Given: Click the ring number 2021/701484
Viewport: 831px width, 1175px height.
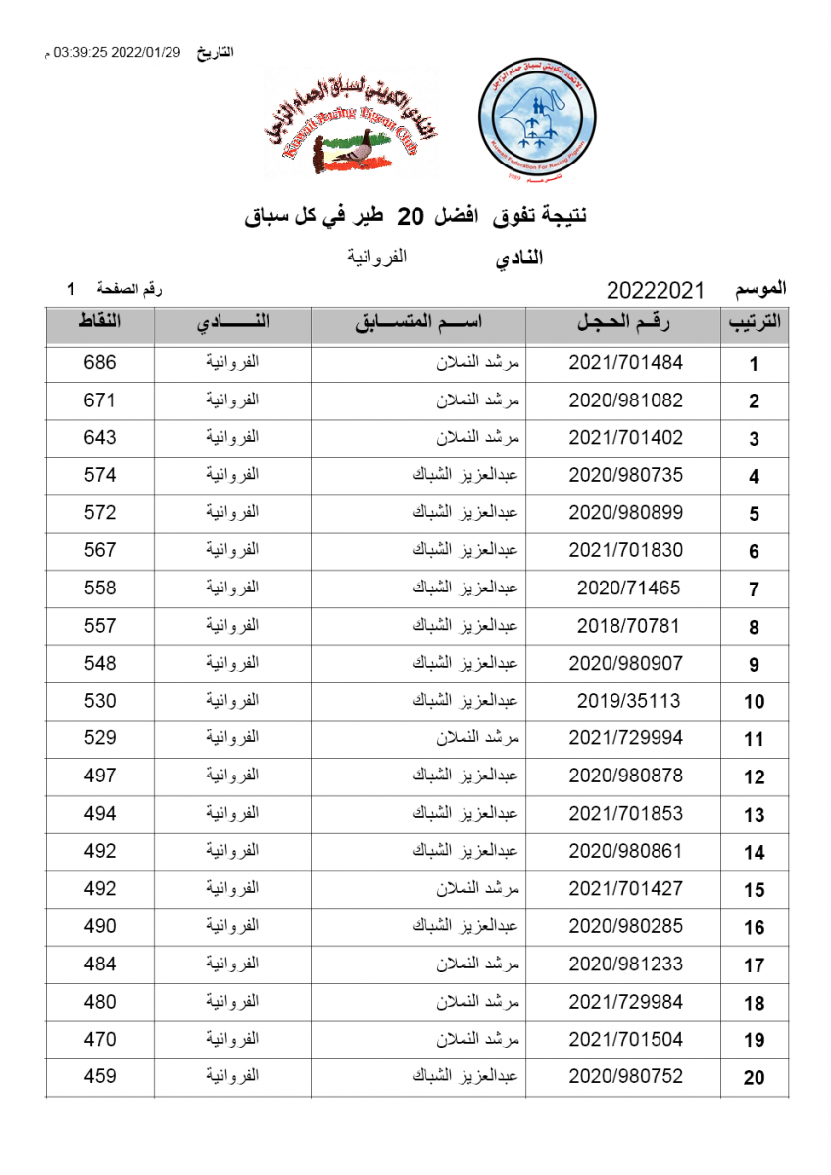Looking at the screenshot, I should tap(625, 363).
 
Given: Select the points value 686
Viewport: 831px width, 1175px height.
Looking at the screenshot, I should tap(99, 363).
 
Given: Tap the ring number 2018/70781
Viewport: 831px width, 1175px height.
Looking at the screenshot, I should tap(626, 626).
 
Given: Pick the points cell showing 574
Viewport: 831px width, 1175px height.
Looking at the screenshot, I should tap(99, 476).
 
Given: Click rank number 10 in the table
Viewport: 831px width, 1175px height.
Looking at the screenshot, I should tap(754, 702).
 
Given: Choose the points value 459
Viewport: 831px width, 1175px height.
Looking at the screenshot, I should tap(99, 1077).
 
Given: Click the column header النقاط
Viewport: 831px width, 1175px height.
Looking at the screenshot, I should tap(99, 322).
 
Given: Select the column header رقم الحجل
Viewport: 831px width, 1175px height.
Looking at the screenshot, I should tap(625, 323).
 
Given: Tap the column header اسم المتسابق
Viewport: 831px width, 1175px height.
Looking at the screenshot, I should tap(418, 323).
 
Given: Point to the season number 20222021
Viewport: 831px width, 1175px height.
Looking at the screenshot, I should tap(656, 290).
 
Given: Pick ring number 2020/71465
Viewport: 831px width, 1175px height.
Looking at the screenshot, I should tap(626, 588).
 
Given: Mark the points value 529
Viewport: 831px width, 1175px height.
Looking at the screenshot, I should tap(99, 738).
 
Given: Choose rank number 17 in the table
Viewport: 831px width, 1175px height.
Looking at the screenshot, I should tap(754, 965).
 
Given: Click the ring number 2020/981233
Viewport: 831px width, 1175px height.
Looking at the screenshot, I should tap(625, 964).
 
